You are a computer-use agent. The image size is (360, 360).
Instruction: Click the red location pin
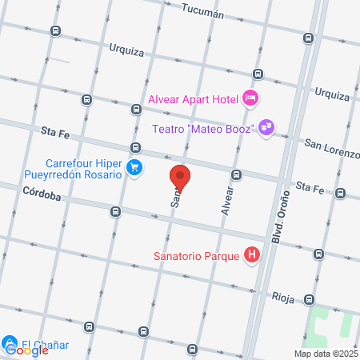[x=180, y=178]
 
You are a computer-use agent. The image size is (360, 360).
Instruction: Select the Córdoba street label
[x=42, y=192]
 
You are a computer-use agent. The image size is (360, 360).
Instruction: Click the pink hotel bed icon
[x=251, y=99]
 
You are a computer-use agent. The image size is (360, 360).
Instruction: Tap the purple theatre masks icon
[x=266, y=127]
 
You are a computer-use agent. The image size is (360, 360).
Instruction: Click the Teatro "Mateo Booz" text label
[x=202, y=128]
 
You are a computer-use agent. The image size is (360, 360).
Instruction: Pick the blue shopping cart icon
[x=134, y=168]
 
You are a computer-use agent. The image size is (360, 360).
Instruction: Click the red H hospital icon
[x=253, y=256]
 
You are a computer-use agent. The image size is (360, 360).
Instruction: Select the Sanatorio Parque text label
[x=199, y=257]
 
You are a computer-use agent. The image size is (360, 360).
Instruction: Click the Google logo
[x=27, y=350]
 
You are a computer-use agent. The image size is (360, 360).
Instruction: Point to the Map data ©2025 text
[x=326, y=354]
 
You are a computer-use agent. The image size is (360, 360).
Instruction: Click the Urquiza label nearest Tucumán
[x=126, y=52]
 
